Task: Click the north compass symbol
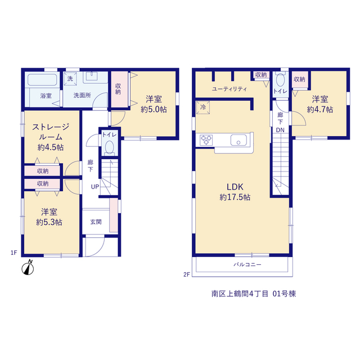pos(28,268)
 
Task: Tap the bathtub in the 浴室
pos(43,80)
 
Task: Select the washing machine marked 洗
pos(70,79)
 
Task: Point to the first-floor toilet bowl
pos(109,147)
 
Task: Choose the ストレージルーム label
pos(51,132)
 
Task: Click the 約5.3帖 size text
pos(49,222)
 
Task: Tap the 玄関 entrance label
pos(96,222)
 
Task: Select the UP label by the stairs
pos(95,187)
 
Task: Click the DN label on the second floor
pos(280,130)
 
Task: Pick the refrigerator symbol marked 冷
pos(203,107)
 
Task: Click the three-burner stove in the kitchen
pos(206,140)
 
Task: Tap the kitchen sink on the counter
pos(238,140)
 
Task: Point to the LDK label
pos(235,187)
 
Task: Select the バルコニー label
pos(247,265)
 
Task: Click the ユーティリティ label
pos(229,89)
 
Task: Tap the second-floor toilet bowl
pos(280,80)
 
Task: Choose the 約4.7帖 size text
pos(320,109)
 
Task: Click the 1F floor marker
pos(13,253)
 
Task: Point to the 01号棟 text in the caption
pos(284,294)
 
